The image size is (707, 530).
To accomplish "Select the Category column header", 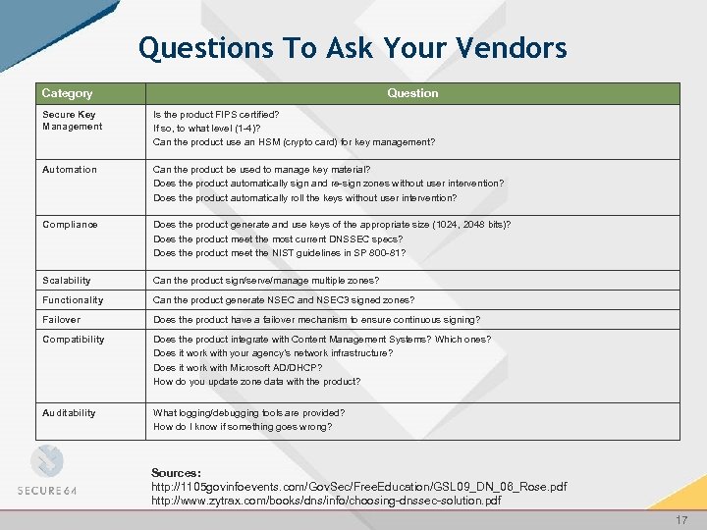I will point(67,93).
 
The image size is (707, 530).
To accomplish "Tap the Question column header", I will point(412,93).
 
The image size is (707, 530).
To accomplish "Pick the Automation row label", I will point(70,170).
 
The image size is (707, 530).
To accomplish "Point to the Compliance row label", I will point(70,225).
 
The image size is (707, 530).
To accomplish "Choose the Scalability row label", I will point(67,281).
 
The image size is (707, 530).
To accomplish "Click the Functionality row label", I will point(73,300).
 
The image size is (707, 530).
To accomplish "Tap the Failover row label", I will point(62,320).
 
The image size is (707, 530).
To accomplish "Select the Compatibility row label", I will point(74,340).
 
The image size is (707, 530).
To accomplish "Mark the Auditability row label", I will point(70,413).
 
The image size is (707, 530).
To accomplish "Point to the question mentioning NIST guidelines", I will point(279,253).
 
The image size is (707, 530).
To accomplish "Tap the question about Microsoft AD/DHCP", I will point(237,368).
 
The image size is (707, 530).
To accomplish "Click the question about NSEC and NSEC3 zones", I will point(284,300).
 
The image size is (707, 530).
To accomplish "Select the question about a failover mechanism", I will point(316,320).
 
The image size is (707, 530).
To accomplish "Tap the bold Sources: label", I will point(176,473).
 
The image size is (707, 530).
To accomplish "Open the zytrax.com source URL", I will point(326,501).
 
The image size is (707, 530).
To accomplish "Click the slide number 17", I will point(680,519).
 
